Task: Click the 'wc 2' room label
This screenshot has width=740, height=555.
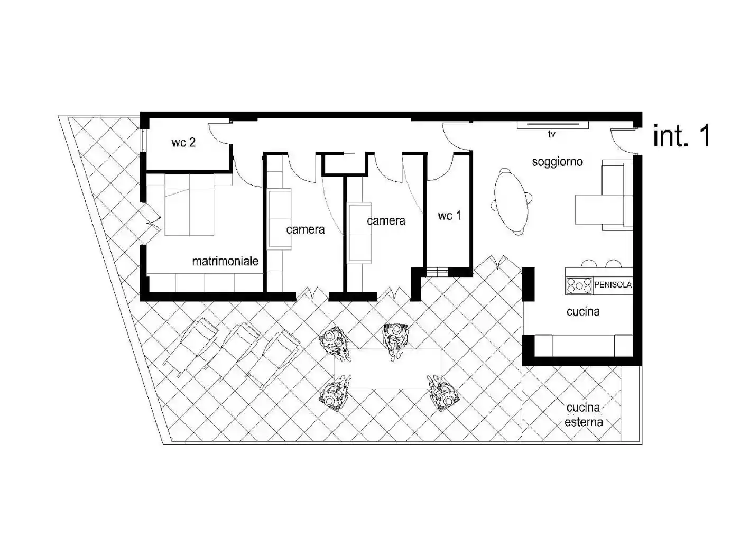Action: click(x=183, y=142)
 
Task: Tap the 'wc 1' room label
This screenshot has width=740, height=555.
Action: click(x=449, y=216)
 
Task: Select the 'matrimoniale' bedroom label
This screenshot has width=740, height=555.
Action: click(x=225, y=261)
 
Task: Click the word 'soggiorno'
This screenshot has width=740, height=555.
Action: click(x=557, y=162)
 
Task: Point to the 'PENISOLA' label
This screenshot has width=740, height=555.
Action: click(x=613, y=285)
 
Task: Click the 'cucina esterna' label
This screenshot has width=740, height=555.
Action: click(x=584, y=415)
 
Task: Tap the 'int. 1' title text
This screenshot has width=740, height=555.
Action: click(x=681, y=136)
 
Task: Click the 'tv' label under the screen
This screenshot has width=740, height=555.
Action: click(x=551, y=135)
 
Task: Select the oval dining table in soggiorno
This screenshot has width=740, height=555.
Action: click(x=511, y=201)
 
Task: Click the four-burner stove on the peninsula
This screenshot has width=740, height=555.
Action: click(x=579, y=285)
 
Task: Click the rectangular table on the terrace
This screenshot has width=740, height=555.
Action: click(x=388, y=368)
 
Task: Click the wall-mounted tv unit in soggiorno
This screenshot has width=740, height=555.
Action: click(x=552, y=125)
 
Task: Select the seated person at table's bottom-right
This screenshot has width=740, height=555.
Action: click(x=442, y=393)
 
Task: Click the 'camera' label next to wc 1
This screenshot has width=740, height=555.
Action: click(x=386, y=221)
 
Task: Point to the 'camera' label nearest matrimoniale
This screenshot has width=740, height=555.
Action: click(x=305, y=229)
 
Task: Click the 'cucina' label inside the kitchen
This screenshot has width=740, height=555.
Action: click(x=583, y=312)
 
